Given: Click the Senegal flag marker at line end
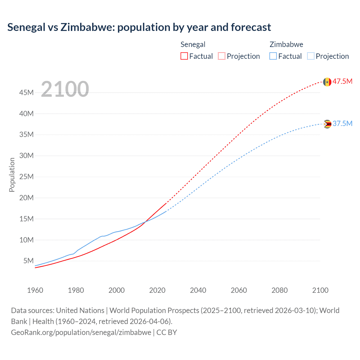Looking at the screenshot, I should (x=327, y=82).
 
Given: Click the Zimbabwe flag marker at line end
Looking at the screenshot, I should (x=327, y=124).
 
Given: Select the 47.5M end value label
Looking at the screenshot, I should (x=342, y=82).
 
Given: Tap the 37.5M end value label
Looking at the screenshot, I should (x=342, y=124).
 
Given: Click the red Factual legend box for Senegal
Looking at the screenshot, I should (x=184, y=56).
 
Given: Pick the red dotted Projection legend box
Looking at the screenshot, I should (x=222, y=56).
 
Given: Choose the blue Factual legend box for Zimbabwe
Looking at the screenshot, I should (x=273, y=56).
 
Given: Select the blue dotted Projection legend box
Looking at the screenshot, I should (x=311, y=56).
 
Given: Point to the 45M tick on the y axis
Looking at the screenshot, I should (x=26, y=93).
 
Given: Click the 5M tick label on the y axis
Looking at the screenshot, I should (x=28, y=261).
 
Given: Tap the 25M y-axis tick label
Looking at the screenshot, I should (x=26, y=177).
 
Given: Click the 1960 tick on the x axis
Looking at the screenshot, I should (x=35, y=290).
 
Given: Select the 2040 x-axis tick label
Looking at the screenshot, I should (x=198, y=290).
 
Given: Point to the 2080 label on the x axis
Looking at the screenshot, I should (x=280, y=290).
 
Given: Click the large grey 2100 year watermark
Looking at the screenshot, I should (x=65, y=89).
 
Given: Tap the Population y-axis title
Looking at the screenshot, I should (x=12, y=175).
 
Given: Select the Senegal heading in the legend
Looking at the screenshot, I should (x=193, y=44).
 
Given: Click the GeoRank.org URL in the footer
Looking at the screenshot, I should (x=81, y=332).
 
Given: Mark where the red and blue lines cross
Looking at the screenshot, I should (x=145, y=222).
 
